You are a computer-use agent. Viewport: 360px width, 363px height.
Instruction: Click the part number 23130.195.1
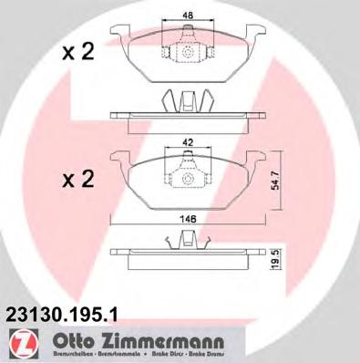point(61,312)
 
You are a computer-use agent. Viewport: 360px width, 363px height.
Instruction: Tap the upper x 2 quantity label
point(78,54)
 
